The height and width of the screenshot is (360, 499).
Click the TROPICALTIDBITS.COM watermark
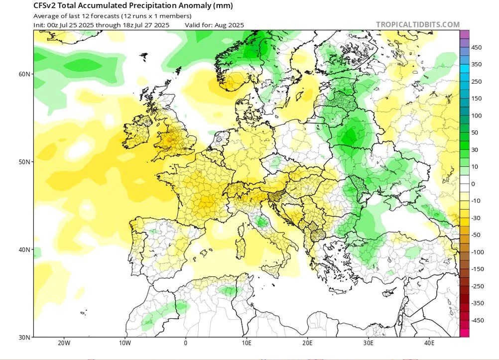coord(418,24)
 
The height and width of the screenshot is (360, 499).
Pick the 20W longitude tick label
coord(63,343)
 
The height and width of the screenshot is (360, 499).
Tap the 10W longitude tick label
coord(125,343)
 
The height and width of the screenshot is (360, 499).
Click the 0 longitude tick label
coord(186,343)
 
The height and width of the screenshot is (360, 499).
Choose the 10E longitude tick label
coord(247,343)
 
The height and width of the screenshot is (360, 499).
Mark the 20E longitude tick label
coord(308,343)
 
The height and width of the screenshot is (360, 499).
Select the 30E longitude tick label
coord(369,343)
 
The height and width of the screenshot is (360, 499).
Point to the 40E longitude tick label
coord(430,343)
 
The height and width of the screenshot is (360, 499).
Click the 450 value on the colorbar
coord(477,48)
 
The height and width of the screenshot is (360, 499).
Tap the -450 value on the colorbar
coord(478,320)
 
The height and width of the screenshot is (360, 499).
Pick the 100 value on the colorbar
coord(477,116)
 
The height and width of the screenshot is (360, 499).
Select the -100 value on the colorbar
coord(478,252)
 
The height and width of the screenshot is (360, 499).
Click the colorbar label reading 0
coord(474,184)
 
